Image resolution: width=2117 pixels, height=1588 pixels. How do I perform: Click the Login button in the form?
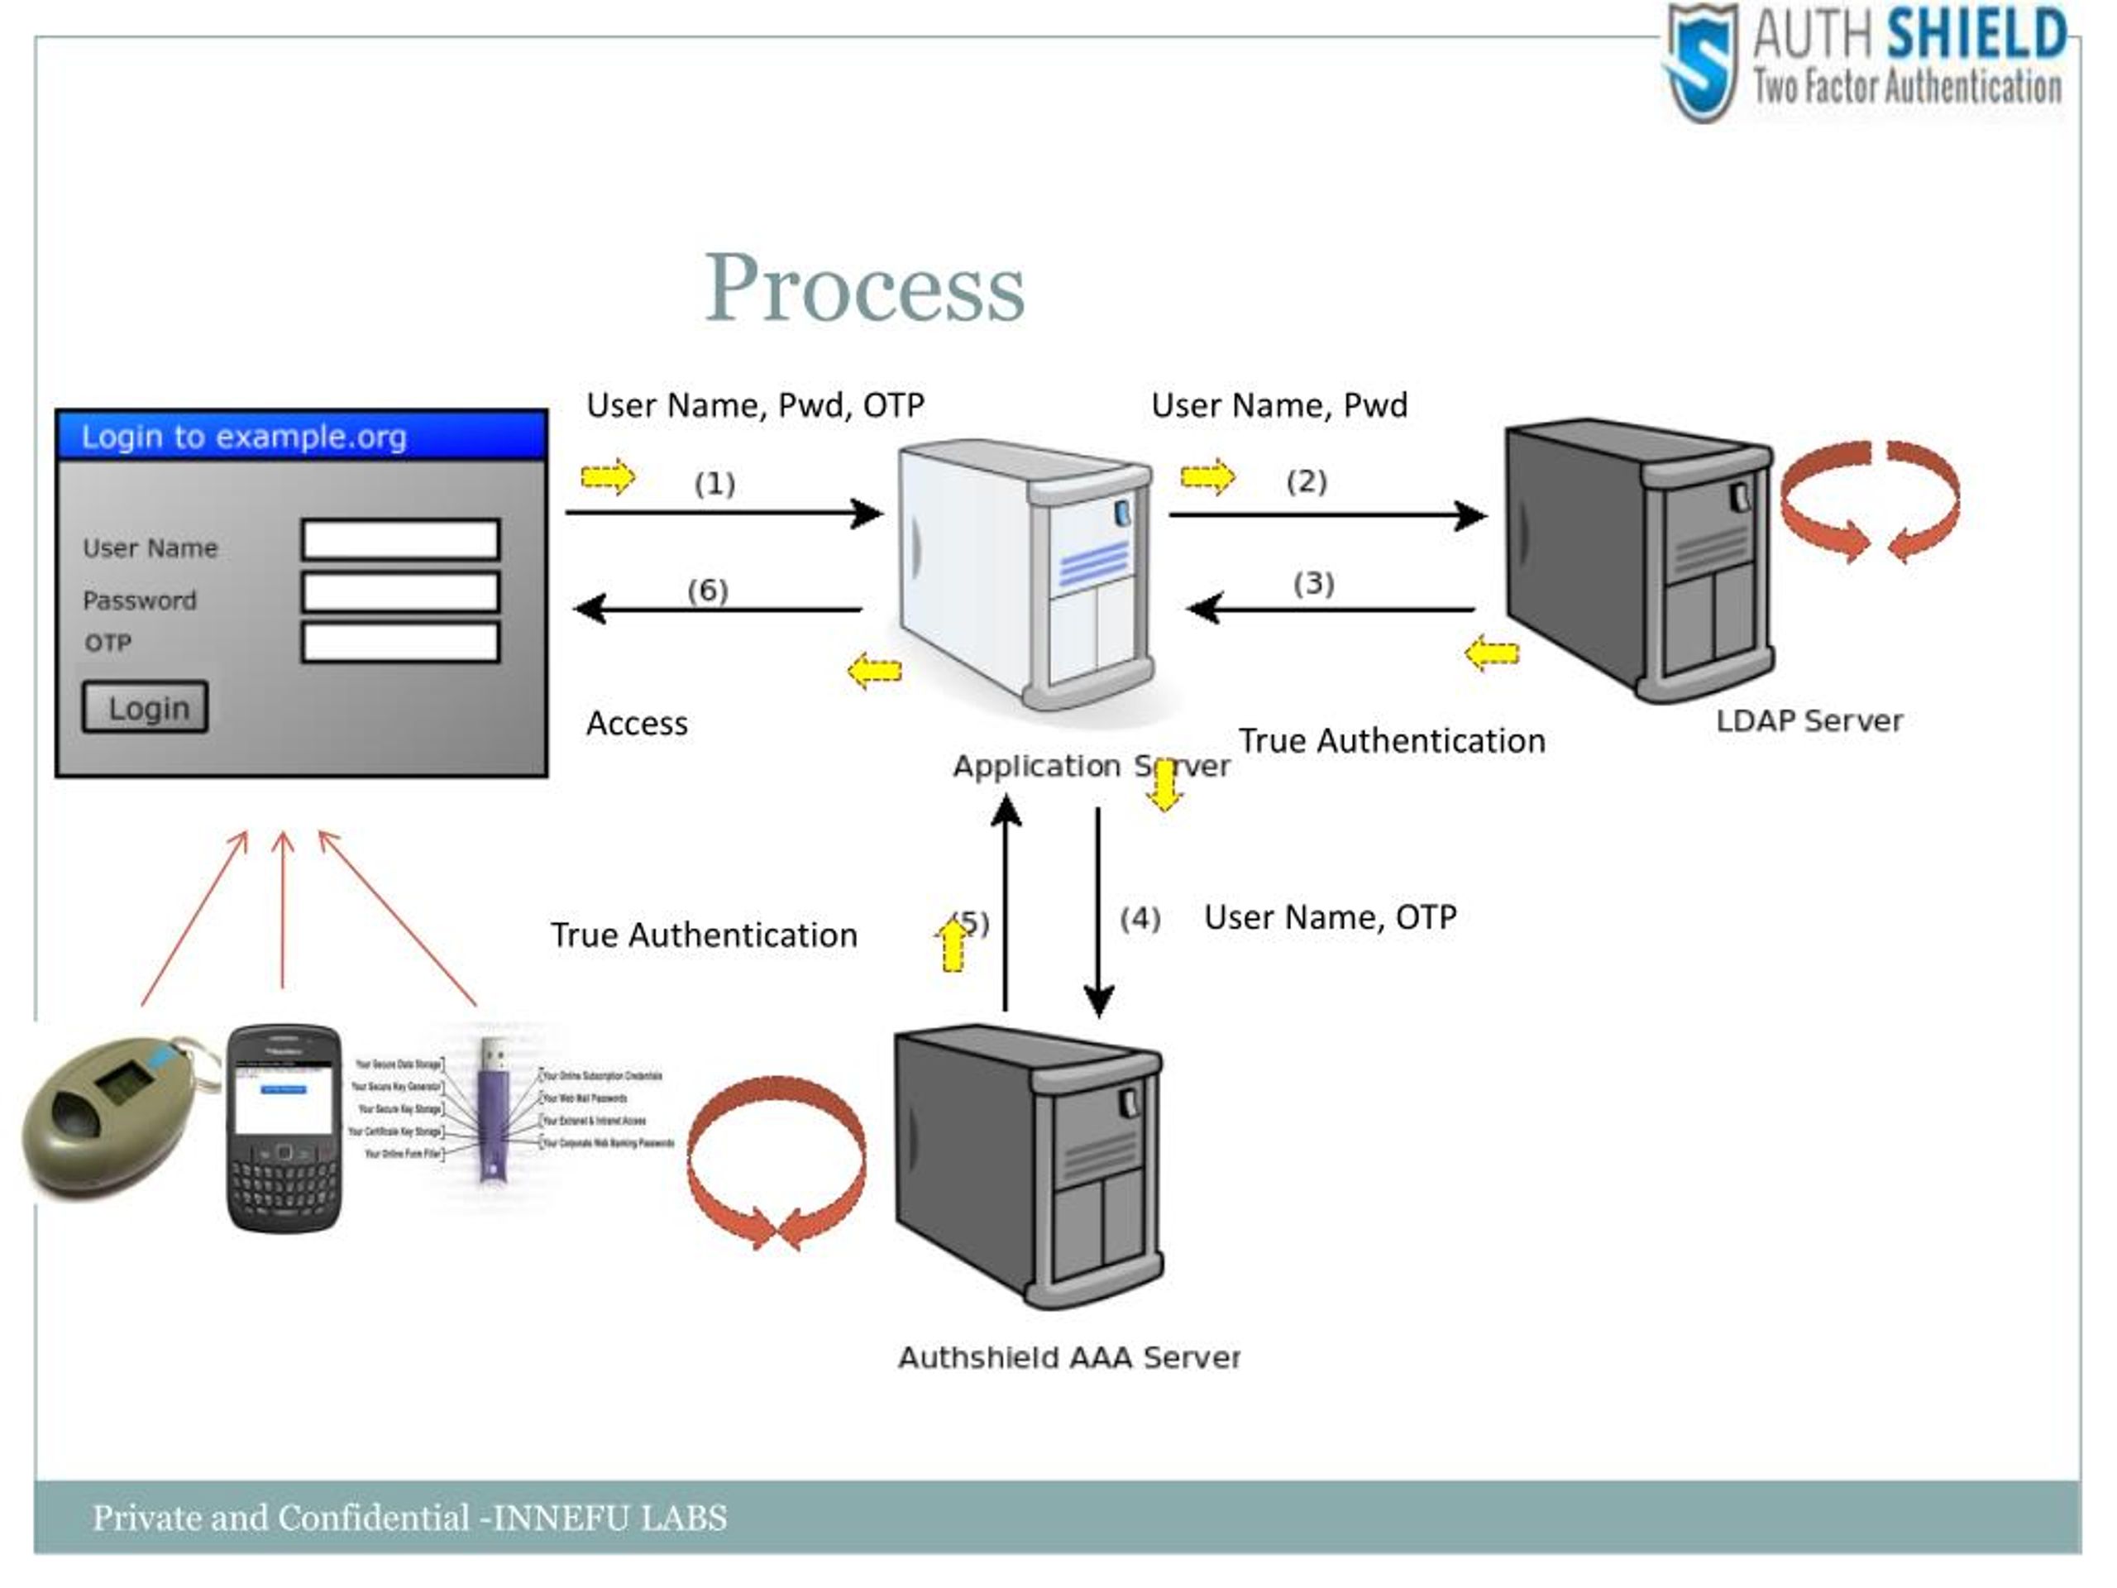coord(145,707)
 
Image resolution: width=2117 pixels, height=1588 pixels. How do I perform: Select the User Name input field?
coord(400,540)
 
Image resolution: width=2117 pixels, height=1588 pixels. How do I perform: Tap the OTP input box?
coord(400,643)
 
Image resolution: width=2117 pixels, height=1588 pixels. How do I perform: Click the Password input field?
coord(400,591)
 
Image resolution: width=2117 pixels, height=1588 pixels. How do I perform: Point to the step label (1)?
coord(714,483)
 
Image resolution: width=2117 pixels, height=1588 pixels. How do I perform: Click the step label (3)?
coord(1313,583)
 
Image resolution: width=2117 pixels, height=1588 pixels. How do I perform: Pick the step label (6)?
coord(707,590)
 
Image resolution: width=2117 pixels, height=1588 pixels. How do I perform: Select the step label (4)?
coord(1140,919)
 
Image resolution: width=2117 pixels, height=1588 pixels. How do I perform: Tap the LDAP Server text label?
coord(1809,720)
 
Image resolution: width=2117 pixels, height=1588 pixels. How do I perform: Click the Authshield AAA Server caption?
coord(1068,1357)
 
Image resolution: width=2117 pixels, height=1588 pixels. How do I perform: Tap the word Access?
coord(637,724)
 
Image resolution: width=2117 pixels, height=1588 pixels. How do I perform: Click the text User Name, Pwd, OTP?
coord(755,406)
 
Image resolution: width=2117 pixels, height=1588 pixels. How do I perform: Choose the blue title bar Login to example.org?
coord(302,437)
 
